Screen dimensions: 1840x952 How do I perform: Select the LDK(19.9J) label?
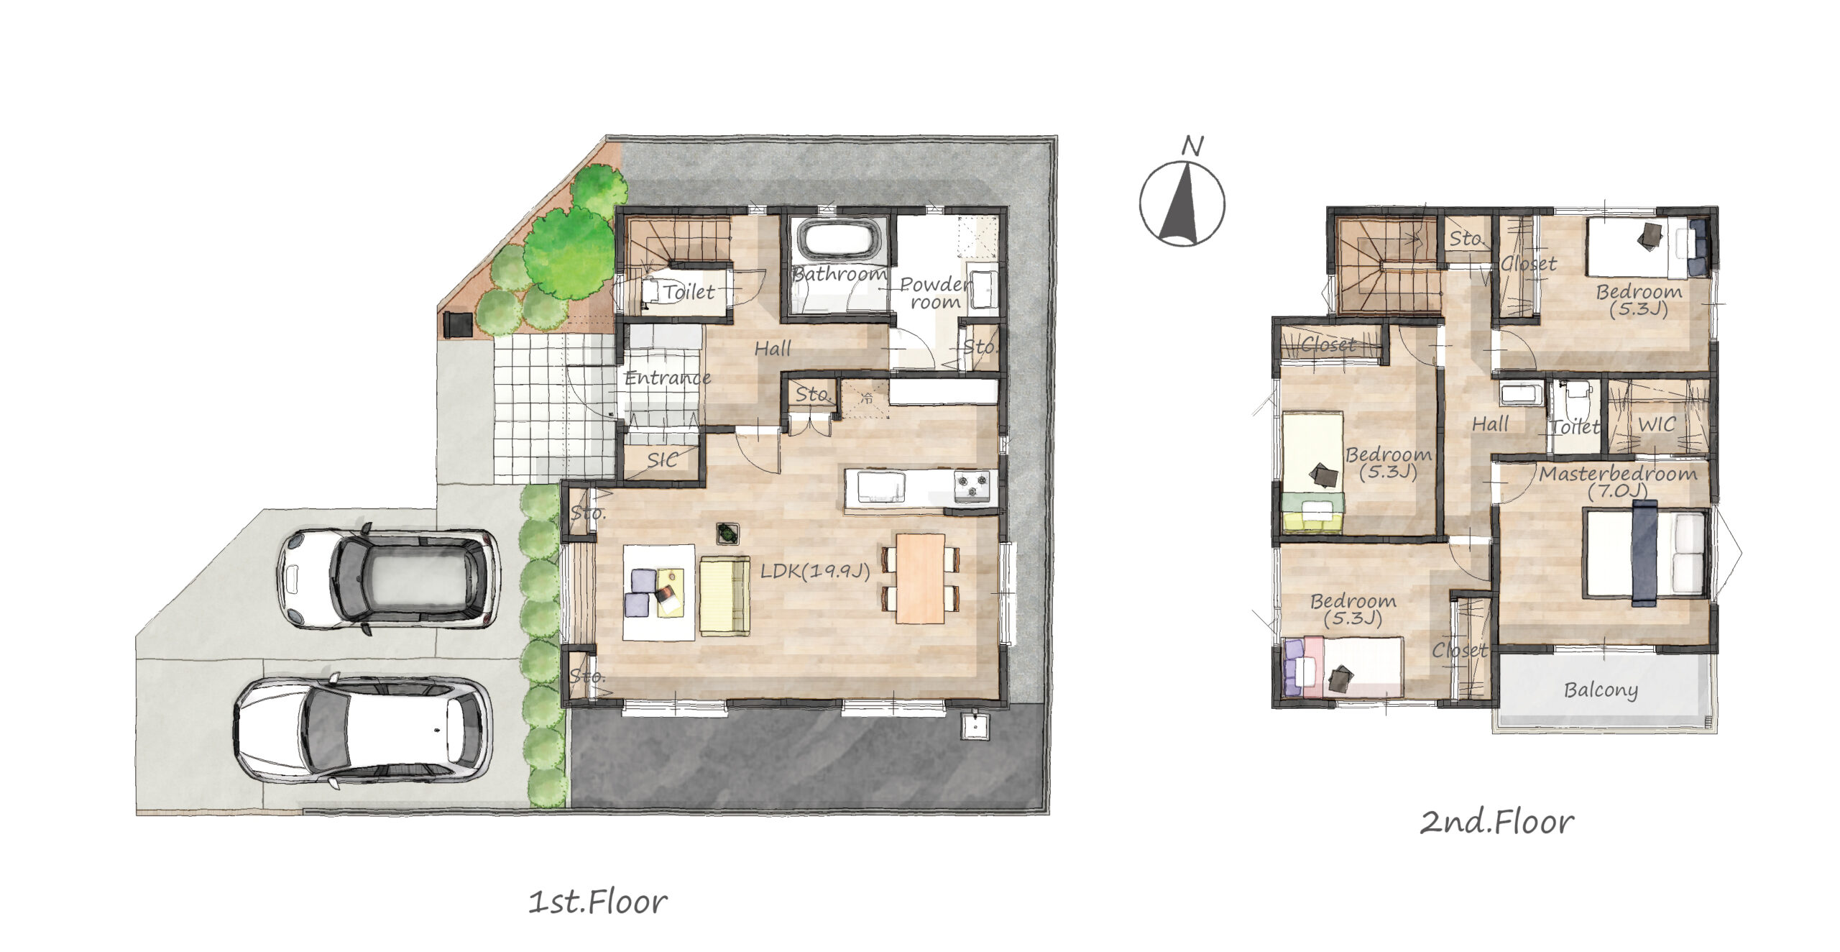(815, 571)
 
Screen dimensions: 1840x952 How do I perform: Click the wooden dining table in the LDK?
(920, 578)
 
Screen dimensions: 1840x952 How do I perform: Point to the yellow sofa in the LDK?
(724, 596)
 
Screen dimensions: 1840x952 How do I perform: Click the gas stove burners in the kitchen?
(972, 485)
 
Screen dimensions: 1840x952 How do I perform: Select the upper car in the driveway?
(389, 578)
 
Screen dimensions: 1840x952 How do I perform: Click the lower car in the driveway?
(363, 730)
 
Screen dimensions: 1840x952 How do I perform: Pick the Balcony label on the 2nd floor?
(1601, 690)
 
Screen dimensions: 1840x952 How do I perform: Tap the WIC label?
(1657, 424)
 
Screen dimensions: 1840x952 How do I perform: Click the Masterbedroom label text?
(1617, 474)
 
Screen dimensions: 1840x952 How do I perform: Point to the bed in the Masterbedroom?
(1644, 553)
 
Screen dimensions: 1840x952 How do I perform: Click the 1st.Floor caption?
(598, 902)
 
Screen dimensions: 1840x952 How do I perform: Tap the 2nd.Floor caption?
(1496, 822)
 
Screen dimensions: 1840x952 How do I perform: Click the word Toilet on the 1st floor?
(689, 292)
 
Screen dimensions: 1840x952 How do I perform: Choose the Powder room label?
(935, 293)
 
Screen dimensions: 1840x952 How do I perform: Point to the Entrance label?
(668, 377)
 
